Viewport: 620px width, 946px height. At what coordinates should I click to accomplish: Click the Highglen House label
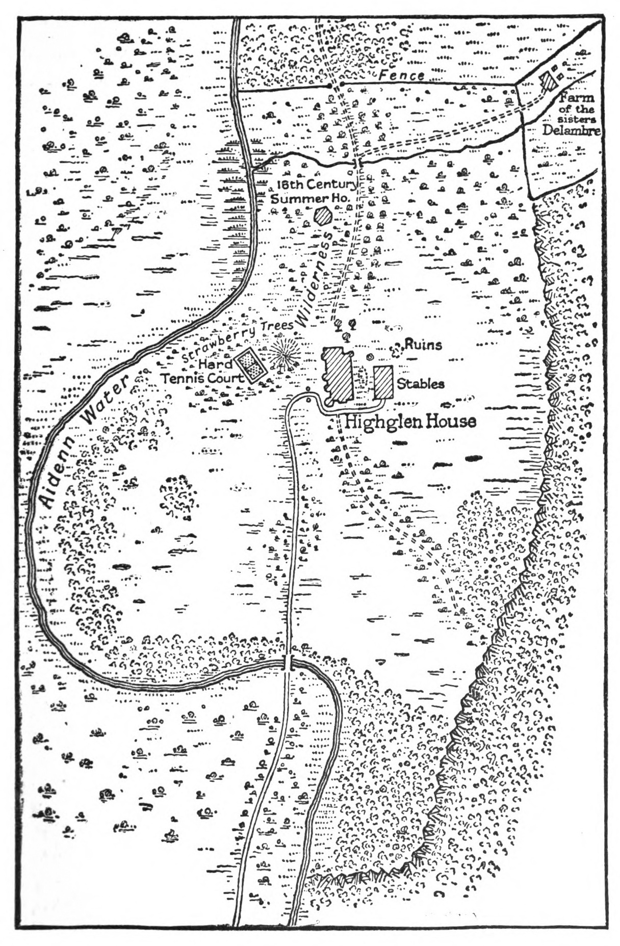pos(410,421)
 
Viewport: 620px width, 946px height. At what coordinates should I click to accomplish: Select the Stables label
pos(420,383)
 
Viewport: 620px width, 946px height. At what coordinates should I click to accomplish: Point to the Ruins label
pos(423,345)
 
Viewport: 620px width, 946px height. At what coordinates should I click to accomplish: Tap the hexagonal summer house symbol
pos(323,216)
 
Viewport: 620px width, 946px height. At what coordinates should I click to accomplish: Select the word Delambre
pos(571,129)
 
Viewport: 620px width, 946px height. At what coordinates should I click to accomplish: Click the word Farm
pos(577,98)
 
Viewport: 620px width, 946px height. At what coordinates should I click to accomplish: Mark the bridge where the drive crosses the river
pos(289,663)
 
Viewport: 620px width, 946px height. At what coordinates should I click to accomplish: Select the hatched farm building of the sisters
pos(550,81)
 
